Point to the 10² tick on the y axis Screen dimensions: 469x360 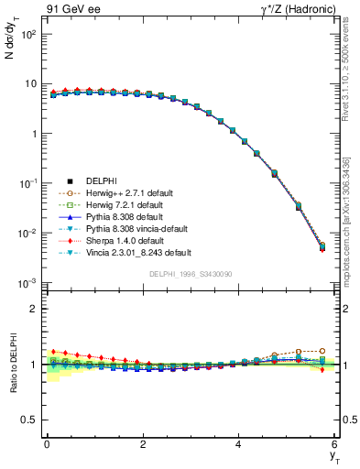click(x=27, y=34)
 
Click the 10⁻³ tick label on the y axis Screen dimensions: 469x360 click(x=27, y=283)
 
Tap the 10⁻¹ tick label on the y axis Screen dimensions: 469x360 click(x=27, y=183)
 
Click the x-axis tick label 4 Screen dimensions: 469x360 click(x=239, y=444)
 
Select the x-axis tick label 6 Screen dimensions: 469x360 click(x=335, y=444)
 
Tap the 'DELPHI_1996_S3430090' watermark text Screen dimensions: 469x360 click(x=191, y=274)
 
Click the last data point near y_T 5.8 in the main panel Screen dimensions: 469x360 click(x=322, y=246)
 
